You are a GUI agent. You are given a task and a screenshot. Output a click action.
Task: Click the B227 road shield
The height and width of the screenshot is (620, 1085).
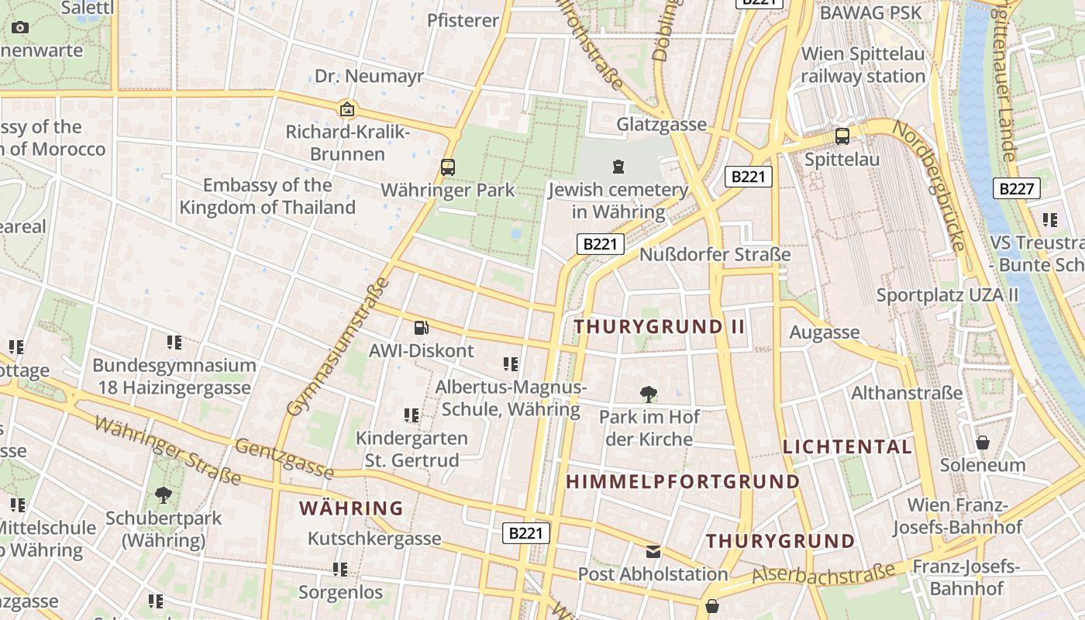point(1016,188)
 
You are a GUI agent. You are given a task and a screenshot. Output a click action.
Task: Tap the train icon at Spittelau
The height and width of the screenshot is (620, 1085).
point(842,136)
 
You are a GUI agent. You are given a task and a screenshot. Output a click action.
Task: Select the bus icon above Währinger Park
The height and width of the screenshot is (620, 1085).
point(447,167)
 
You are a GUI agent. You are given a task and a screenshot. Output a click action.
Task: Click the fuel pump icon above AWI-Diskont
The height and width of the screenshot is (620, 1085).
point(421,328)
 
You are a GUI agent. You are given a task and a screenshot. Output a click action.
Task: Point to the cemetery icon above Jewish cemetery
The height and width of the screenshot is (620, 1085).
point(618,166)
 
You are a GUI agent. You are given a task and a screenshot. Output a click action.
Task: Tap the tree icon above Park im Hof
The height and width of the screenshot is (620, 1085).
point(649,394)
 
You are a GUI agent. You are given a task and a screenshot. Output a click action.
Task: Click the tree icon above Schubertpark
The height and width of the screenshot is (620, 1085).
point(163,494)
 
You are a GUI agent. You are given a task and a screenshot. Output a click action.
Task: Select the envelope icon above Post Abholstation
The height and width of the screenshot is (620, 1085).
point(653,552)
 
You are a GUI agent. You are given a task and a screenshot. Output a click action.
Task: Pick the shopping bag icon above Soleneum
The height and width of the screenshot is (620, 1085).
point(983,443)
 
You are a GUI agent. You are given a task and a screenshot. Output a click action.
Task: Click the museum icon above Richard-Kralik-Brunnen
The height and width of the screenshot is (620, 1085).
point(347,109)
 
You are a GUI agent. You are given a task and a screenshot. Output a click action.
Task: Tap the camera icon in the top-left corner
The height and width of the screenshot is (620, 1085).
point(20,28)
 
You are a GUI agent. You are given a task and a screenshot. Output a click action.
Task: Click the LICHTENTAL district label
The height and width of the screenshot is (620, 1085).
point(847,446)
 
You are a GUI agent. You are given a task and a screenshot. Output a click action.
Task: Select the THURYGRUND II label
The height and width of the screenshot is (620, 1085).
point(660,326)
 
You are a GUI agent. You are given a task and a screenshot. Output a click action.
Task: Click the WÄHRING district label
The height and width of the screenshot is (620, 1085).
point(351,508)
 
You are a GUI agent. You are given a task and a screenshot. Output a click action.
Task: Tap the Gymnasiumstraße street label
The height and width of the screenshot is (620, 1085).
point(338,346)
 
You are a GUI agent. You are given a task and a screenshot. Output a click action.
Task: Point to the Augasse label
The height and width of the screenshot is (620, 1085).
point(825,332)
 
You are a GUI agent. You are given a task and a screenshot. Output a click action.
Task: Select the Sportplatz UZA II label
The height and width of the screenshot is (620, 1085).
point(947,295)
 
